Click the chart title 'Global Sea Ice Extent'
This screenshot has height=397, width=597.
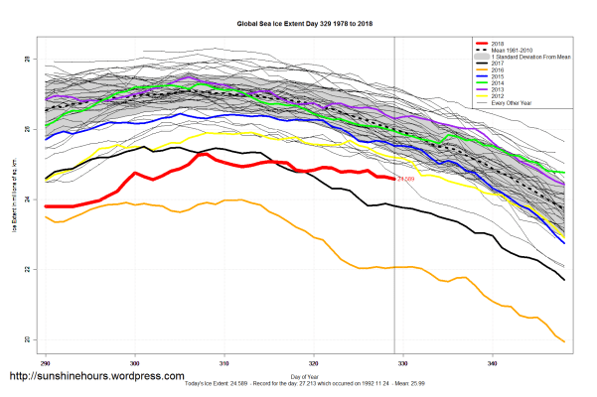point(298,21)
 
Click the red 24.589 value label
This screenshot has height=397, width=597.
point(405,180)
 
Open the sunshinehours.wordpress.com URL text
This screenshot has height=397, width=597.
point(96,377)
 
